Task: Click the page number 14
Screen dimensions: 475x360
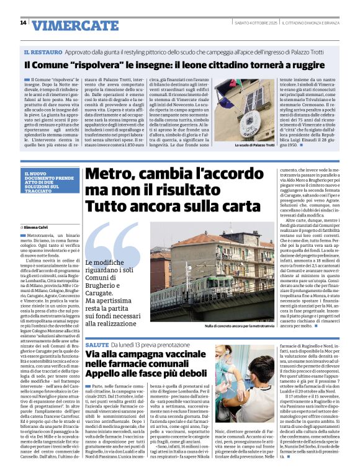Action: [x=23, y=23]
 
